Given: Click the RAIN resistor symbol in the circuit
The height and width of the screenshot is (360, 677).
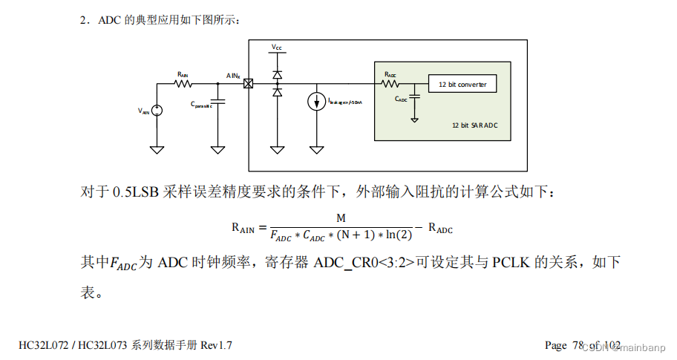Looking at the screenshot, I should pyautogui.click(x=183, y=83).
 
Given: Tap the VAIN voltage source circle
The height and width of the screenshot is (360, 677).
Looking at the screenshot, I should pyautogui.click(x=157, y=110).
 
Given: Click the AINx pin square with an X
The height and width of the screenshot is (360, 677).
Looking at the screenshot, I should pyautogui.click(x=248, y=84).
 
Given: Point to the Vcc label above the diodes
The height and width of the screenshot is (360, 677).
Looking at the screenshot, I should pyautogui.click(x=277, y=48).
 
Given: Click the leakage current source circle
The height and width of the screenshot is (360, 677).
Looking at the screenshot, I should pyautogui.click(x=317, y=102).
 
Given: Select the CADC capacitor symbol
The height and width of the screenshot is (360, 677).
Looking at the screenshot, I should pyautogui.click(x=415, y=95).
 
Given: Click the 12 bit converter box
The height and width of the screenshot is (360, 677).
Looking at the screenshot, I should pyautogui.click(x=462, y=85).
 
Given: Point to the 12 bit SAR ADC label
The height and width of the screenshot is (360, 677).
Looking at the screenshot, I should pyautogui.click(x=474, y=125).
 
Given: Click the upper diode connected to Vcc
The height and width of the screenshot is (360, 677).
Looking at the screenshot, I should pyautogui.click(x=277, y=75).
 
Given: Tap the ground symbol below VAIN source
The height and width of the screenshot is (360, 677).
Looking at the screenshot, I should pyautogui.click(x=157, y=149).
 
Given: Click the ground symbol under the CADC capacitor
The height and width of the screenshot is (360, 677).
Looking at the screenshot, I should pyautogui.click(x=415, y=119).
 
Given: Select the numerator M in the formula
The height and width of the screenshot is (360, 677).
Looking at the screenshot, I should pyautogui.click(x=341, y=218).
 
